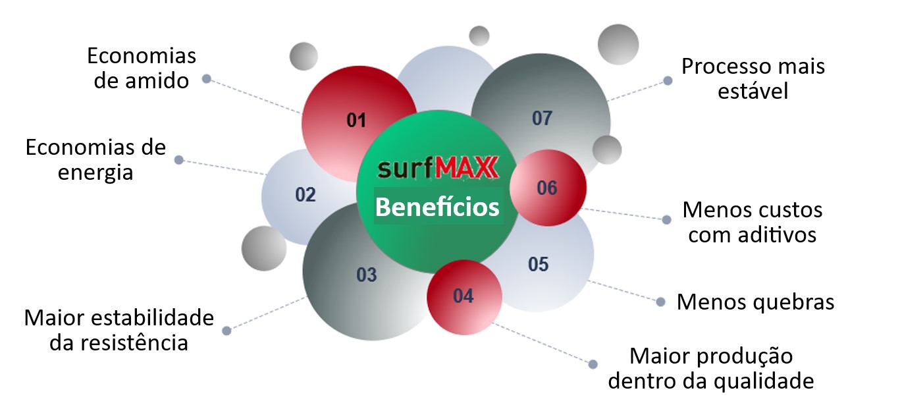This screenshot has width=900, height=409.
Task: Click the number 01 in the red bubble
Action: tap(356, 121)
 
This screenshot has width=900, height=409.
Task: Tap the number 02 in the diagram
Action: tap(305, 195)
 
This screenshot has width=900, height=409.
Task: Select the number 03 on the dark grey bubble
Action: tap(367, 275)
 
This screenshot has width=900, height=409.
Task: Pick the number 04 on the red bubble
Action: tap(463, 296)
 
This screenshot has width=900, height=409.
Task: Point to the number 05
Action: tap(538, 264)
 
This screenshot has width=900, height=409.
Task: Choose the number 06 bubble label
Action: tap(547, 188)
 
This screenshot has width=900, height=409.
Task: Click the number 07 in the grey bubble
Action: tap(542, 119)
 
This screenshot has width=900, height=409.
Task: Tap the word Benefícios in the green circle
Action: tap(437, 207)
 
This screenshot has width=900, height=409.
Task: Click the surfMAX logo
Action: tap(438, 167)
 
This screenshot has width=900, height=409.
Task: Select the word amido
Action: tap(157, 81)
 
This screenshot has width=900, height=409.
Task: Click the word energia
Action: tap(95, 173)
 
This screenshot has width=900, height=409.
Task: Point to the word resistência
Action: tap(134, 343)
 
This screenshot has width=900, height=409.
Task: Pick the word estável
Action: tap(753, 91)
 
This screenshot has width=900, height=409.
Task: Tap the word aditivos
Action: tap(778, 234)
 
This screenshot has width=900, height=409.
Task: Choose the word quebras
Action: tap(793, 302)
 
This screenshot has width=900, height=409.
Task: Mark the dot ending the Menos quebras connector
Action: tap(660, 302)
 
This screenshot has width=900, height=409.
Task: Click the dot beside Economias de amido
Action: tap(207, 79)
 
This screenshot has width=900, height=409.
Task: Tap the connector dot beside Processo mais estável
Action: tap(668, 81)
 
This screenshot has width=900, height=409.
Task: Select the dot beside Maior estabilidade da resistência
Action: tap(226, 331)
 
